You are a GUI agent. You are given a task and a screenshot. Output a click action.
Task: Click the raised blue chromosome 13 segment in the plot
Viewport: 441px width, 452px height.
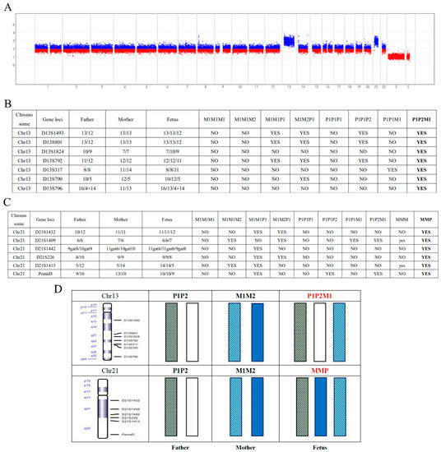[289, 40]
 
